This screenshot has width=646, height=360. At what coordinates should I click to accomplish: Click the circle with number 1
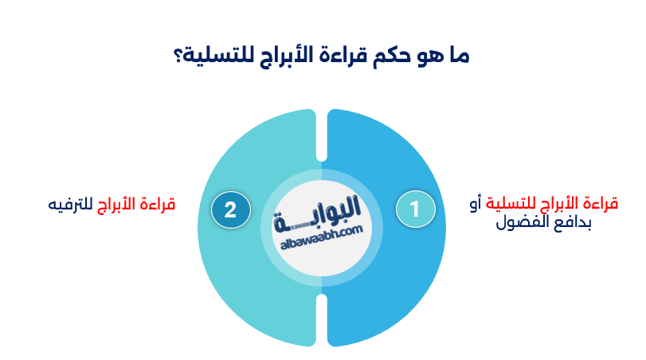(x=415, y=209)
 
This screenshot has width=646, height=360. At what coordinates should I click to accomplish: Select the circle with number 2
(x=230, y=209)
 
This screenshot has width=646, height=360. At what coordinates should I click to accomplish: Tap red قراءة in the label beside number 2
(x=157, y=205)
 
